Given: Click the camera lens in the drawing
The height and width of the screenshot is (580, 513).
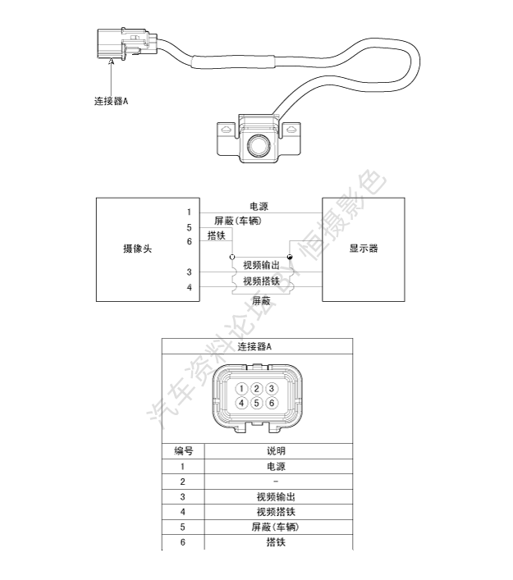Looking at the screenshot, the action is tap(259, 145).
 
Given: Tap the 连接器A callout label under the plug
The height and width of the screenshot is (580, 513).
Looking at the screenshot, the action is tap(111, 101).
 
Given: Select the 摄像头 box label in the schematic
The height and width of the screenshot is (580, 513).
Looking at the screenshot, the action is tap(137, 249).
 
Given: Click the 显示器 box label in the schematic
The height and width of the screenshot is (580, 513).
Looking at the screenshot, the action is tap(364, 249).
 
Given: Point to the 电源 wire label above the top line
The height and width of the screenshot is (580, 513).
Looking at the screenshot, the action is tap(259, 207).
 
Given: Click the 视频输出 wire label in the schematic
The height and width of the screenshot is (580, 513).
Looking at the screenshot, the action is tap(261, 265).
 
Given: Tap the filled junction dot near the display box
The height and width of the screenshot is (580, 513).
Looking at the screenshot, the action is tap(290, 257).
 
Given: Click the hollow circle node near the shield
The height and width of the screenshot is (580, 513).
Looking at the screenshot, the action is tap(232, 257).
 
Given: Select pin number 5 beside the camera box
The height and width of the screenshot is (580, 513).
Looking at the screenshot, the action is tap(189, 227).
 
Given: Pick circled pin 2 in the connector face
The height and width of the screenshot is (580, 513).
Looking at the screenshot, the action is tap(256, 389).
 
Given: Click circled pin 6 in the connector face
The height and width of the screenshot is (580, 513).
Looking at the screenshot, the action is tap(272, 403).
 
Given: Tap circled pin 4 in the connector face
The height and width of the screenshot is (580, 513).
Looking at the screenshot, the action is tap(241, 403).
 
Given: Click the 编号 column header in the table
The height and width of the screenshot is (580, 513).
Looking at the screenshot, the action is tap(184, 451).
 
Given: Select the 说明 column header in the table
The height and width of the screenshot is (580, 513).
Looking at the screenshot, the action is tap(276, 451).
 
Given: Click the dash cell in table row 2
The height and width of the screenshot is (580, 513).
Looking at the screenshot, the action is tap(276, 482).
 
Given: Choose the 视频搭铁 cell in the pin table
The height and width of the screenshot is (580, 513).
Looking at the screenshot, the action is tap(276, 512).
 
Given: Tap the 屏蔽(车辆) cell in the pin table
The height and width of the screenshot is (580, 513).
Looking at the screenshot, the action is tap(275, 527).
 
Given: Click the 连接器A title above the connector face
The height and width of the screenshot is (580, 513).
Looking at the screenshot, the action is tap(254, 346).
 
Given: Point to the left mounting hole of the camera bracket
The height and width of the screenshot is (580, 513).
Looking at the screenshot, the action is tap(226, 130).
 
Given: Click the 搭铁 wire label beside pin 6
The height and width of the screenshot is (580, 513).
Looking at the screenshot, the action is tap(217, 235).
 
